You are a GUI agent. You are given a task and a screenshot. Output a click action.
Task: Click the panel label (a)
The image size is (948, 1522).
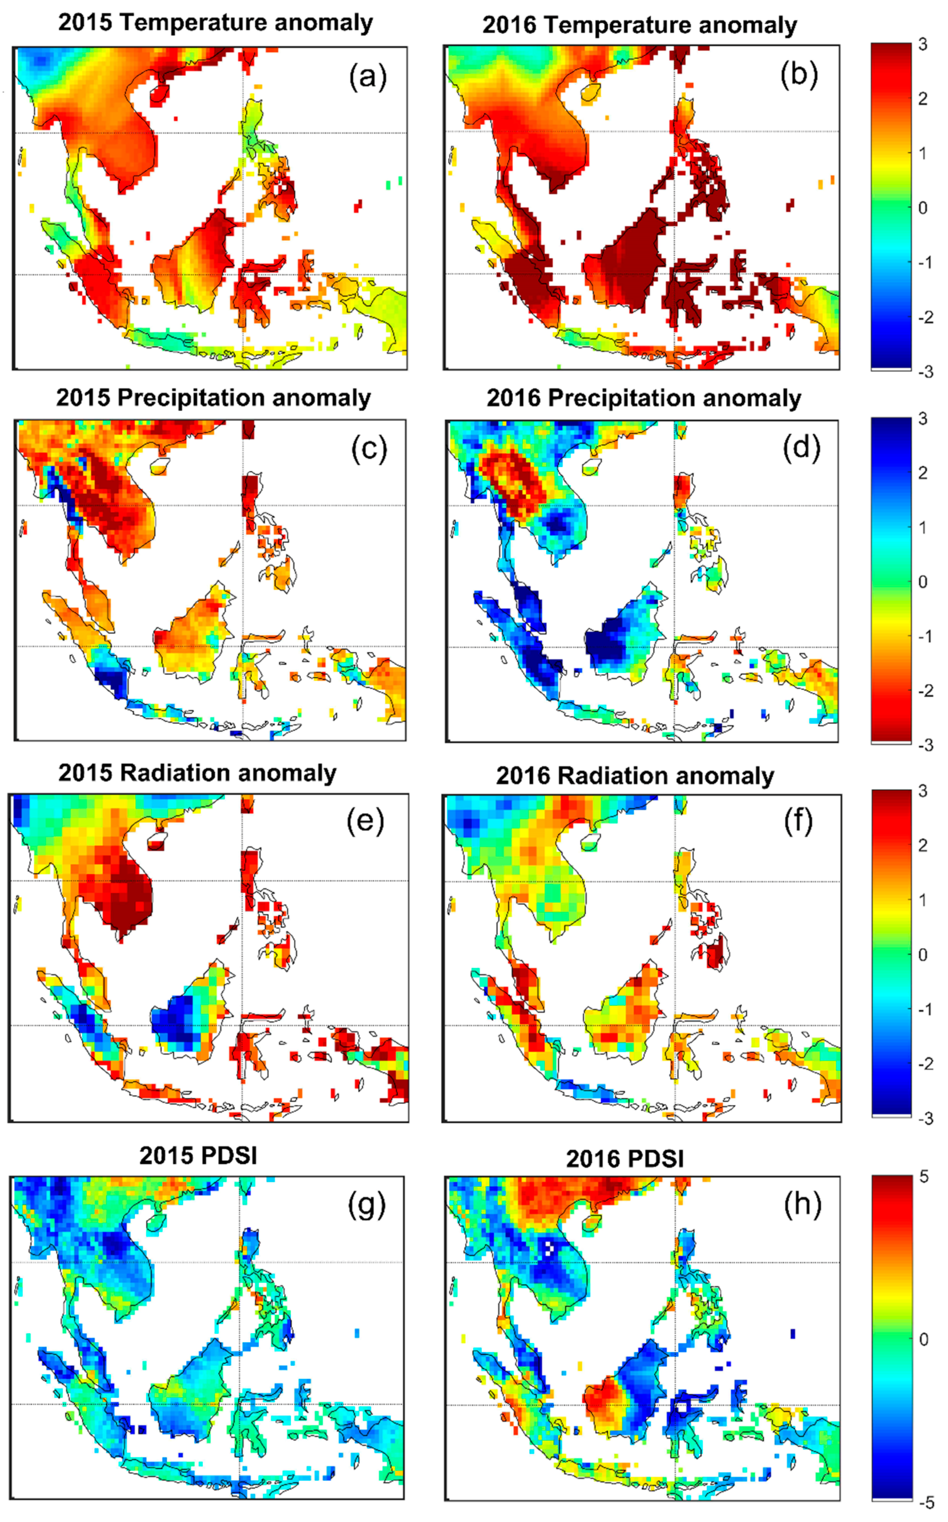click(x=368, y=77)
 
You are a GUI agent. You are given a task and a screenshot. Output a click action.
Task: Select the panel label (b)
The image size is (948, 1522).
click(x=799, y=76)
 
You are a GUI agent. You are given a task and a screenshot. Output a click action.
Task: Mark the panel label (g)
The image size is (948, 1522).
click(x=367, y=1204)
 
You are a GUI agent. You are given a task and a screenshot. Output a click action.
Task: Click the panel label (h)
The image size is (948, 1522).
click(x=802, y=1204)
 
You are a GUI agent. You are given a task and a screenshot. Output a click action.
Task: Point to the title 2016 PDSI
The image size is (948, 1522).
click(x=625, y=1159)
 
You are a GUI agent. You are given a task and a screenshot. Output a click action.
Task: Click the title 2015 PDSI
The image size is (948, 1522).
click(x=198, y=1155)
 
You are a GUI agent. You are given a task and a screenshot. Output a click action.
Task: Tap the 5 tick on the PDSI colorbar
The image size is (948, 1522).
click(x=924, y=1177)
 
